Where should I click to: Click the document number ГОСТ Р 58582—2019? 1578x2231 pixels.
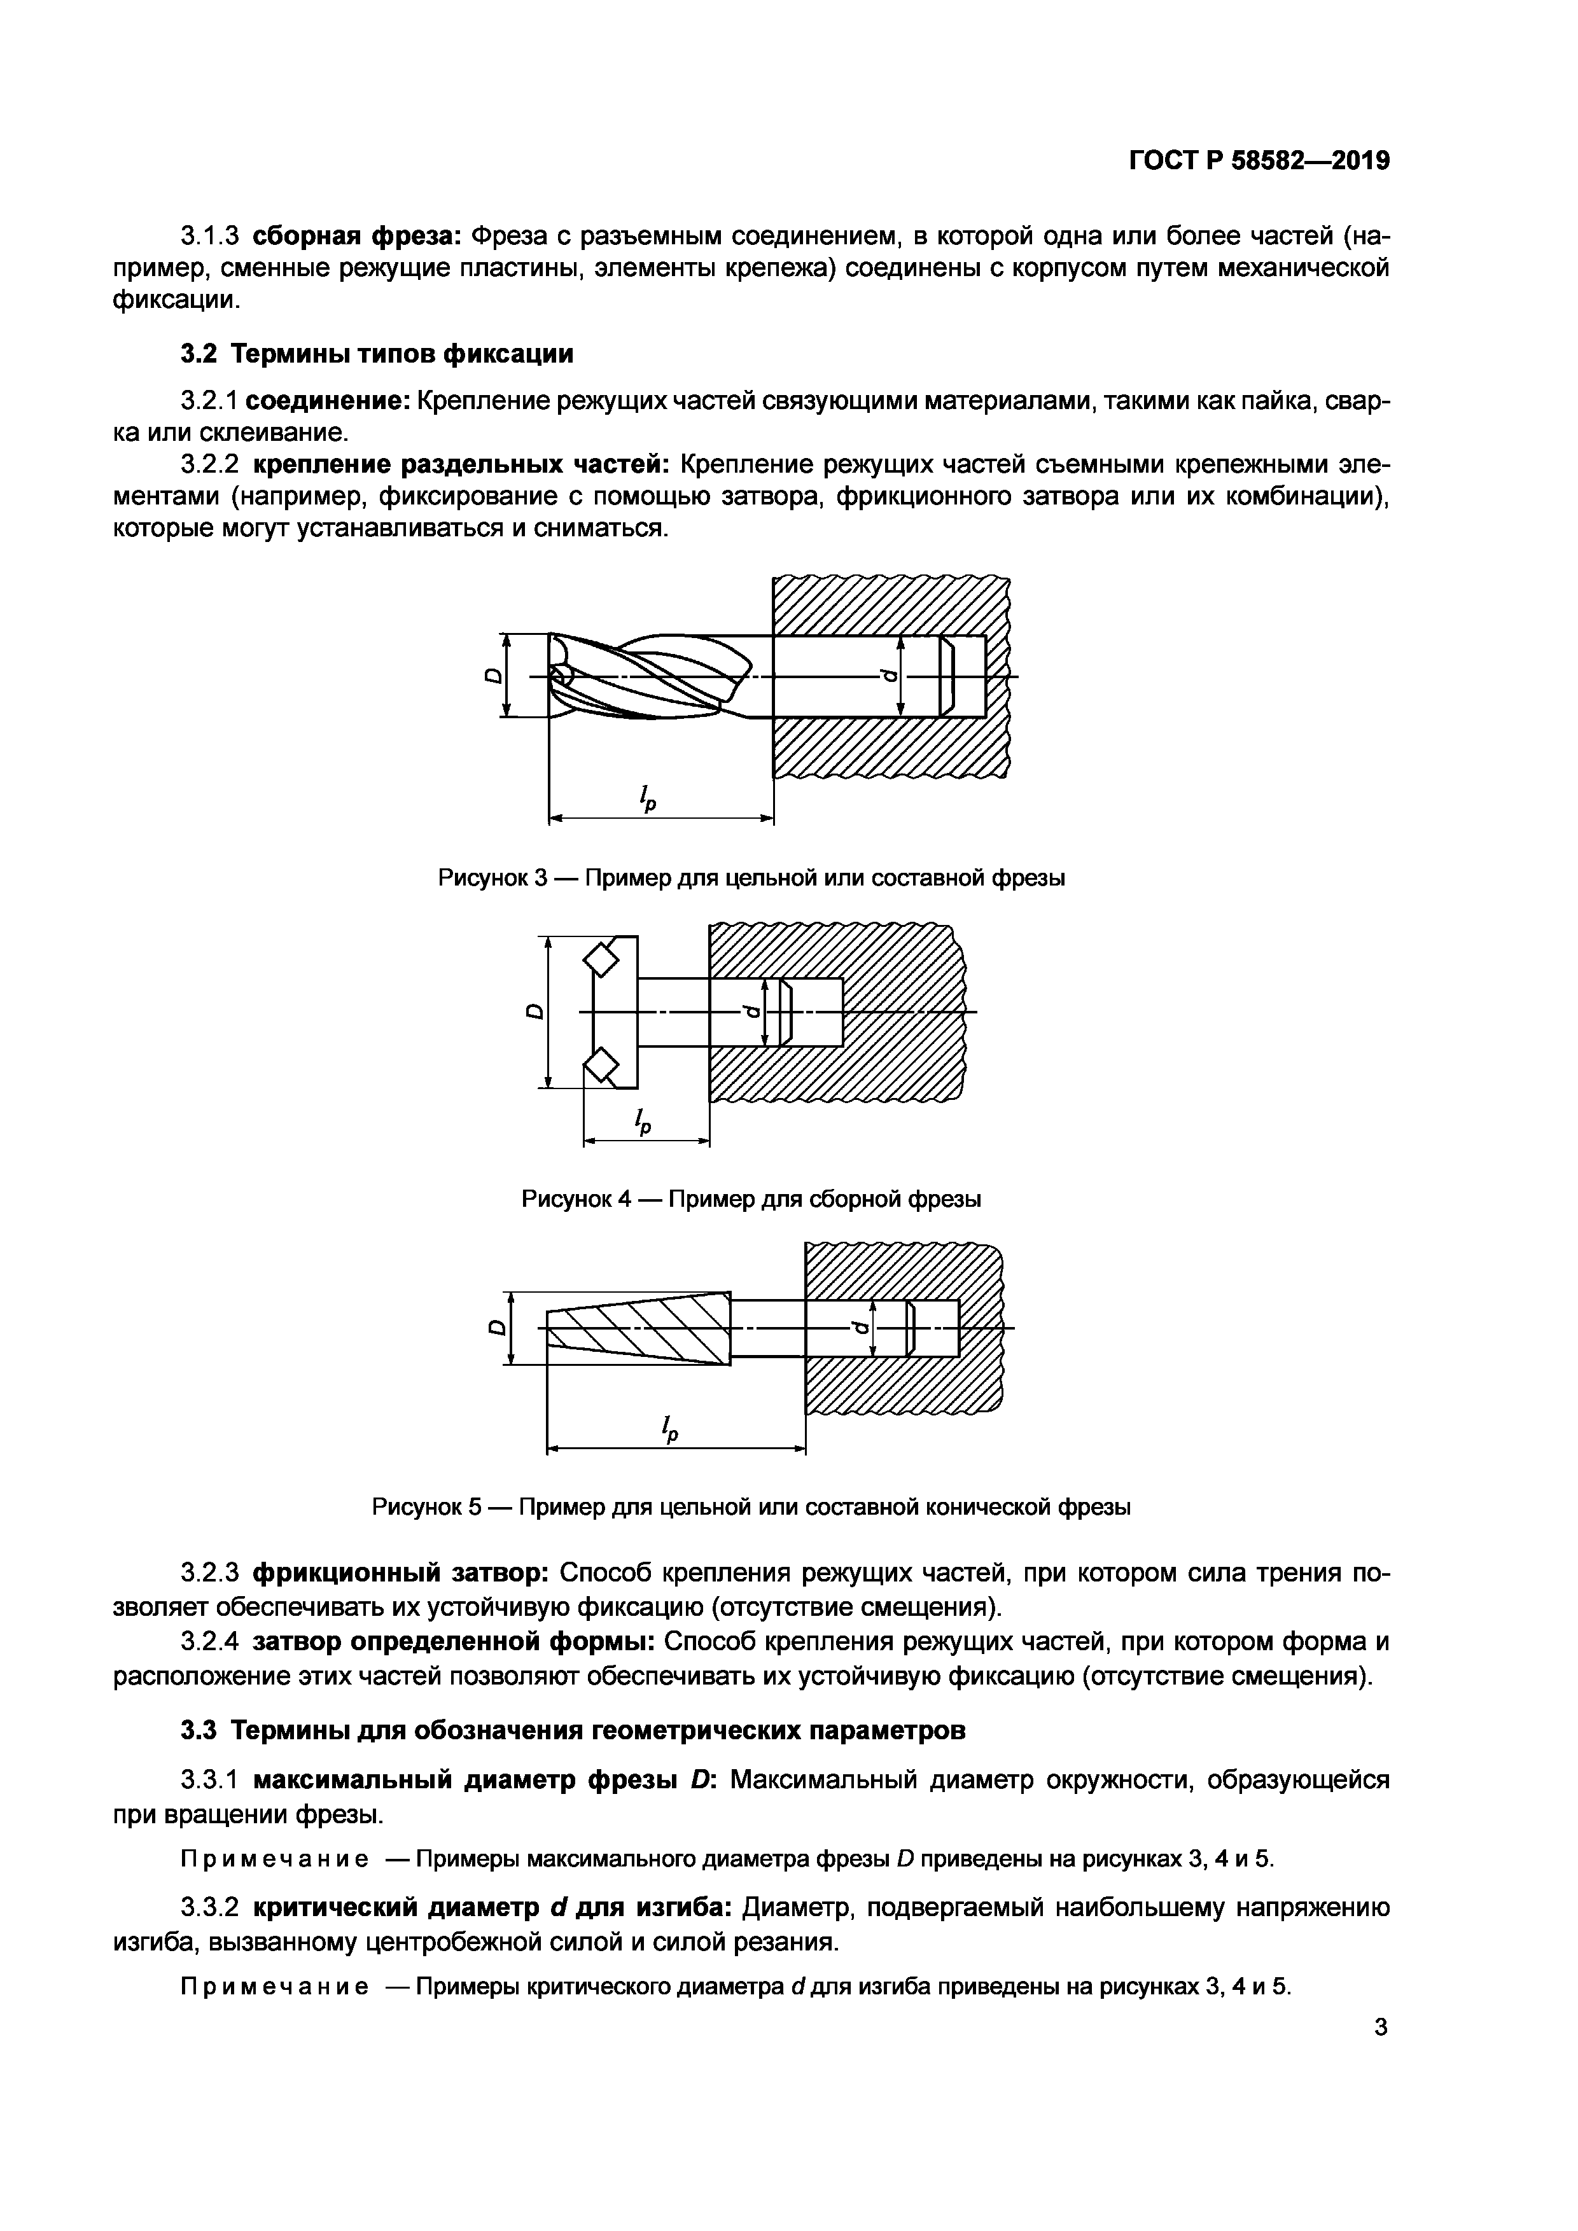coord(1259,160)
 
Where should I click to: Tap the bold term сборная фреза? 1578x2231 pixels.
coord(356,236)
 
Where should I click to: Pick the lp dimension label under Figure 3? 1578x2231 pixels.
coord(646,799)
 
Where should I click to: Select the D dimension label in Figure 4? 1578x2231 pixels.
coord(533,1011)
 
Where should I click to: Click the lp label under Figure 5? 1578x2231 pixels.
coord(669,1426)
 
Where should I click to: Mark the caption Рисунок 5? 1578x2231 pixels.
coord(750,1507)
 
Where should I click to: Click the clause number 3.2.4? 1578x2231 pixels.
coord(209,1642)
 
